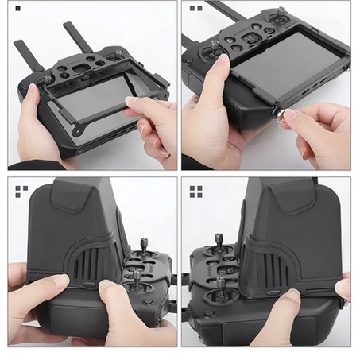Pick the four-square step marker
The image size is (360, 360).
195,190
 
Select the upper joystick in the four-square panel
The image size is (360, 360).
219,241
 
